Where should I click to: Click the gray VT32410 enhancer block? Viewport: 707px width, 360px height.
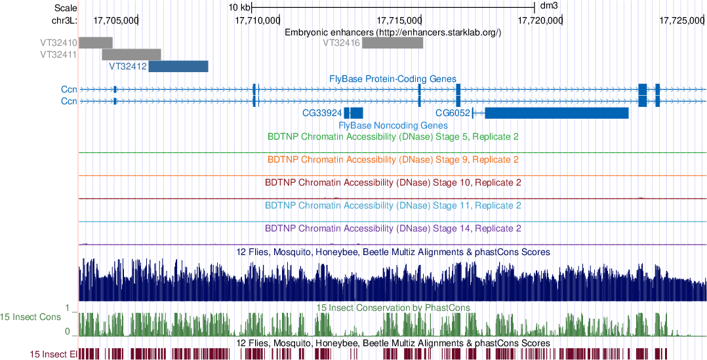(x=96, y=43)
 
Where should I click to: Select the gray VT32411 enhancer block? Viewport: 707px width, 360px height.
(x=131, y=54)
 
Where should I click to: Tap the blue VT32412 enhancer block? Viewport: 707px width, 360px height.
(x=178, y=66)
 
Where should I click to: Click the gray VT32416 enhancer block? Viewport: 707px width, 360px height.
(x=392, y=43)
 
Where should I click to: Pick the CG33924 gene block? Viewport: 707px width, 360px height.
(x=353, y=113)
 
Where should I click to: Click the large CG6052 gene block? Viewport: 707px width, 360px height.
(x=556, y=113)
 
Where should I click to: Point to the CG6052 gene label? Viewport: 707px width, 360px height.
(x=453, y=113)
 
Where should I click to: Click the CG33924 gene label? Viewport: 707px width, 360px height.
(x=321, y=113)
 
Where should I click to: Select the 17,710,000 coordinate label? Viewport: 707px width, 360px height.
(x=257, y=21)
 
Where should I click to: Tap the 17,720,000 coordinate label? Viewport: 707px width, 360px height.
(x=540, y=21)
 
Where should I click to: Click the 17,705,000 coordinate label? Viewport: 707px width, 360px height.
(x=116, y=21)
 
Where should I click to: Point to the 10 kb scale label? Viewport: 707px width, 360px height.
(x=239, y=7)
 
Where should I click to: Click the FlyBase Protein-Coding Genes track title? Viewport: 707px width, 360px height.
(x=392, y=79)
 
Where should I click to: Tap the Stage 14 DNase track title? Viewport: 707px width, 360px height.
(x=394, y=229)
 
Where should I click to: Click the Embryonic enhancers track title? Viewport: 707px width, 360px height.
(x=393, y=32)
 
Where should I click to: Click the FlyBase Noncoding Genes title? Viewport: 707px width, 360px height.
(x=393, y=125)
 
